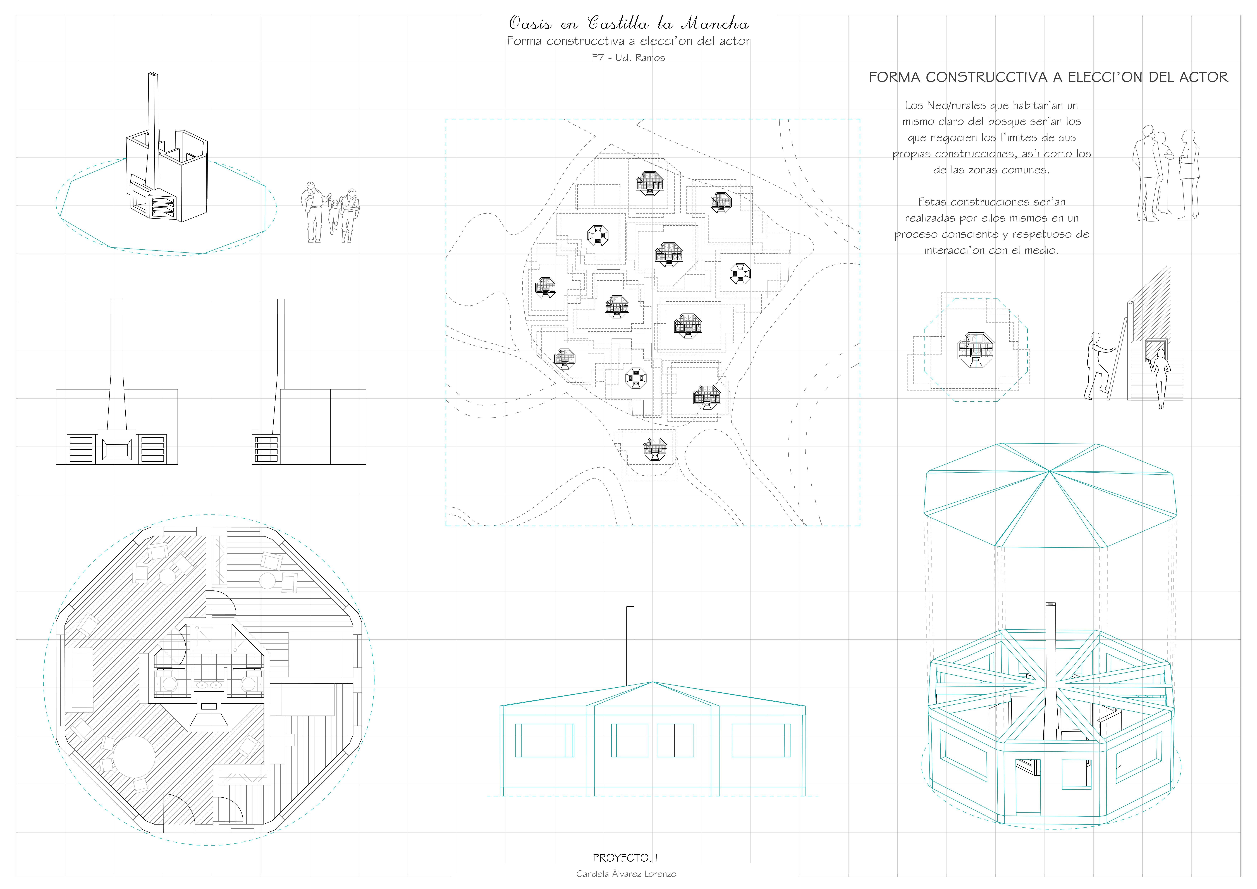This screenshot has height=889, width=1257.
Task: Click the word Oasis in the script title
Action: coord(530,23)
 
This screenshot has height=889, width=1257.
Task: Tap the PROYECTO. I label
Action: coord(625,858)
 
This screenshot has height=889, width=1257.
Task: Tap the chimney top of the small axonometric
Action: coord(153,73)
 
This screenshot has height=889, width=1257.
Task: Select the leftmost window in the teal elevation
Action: coord(545,741)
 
